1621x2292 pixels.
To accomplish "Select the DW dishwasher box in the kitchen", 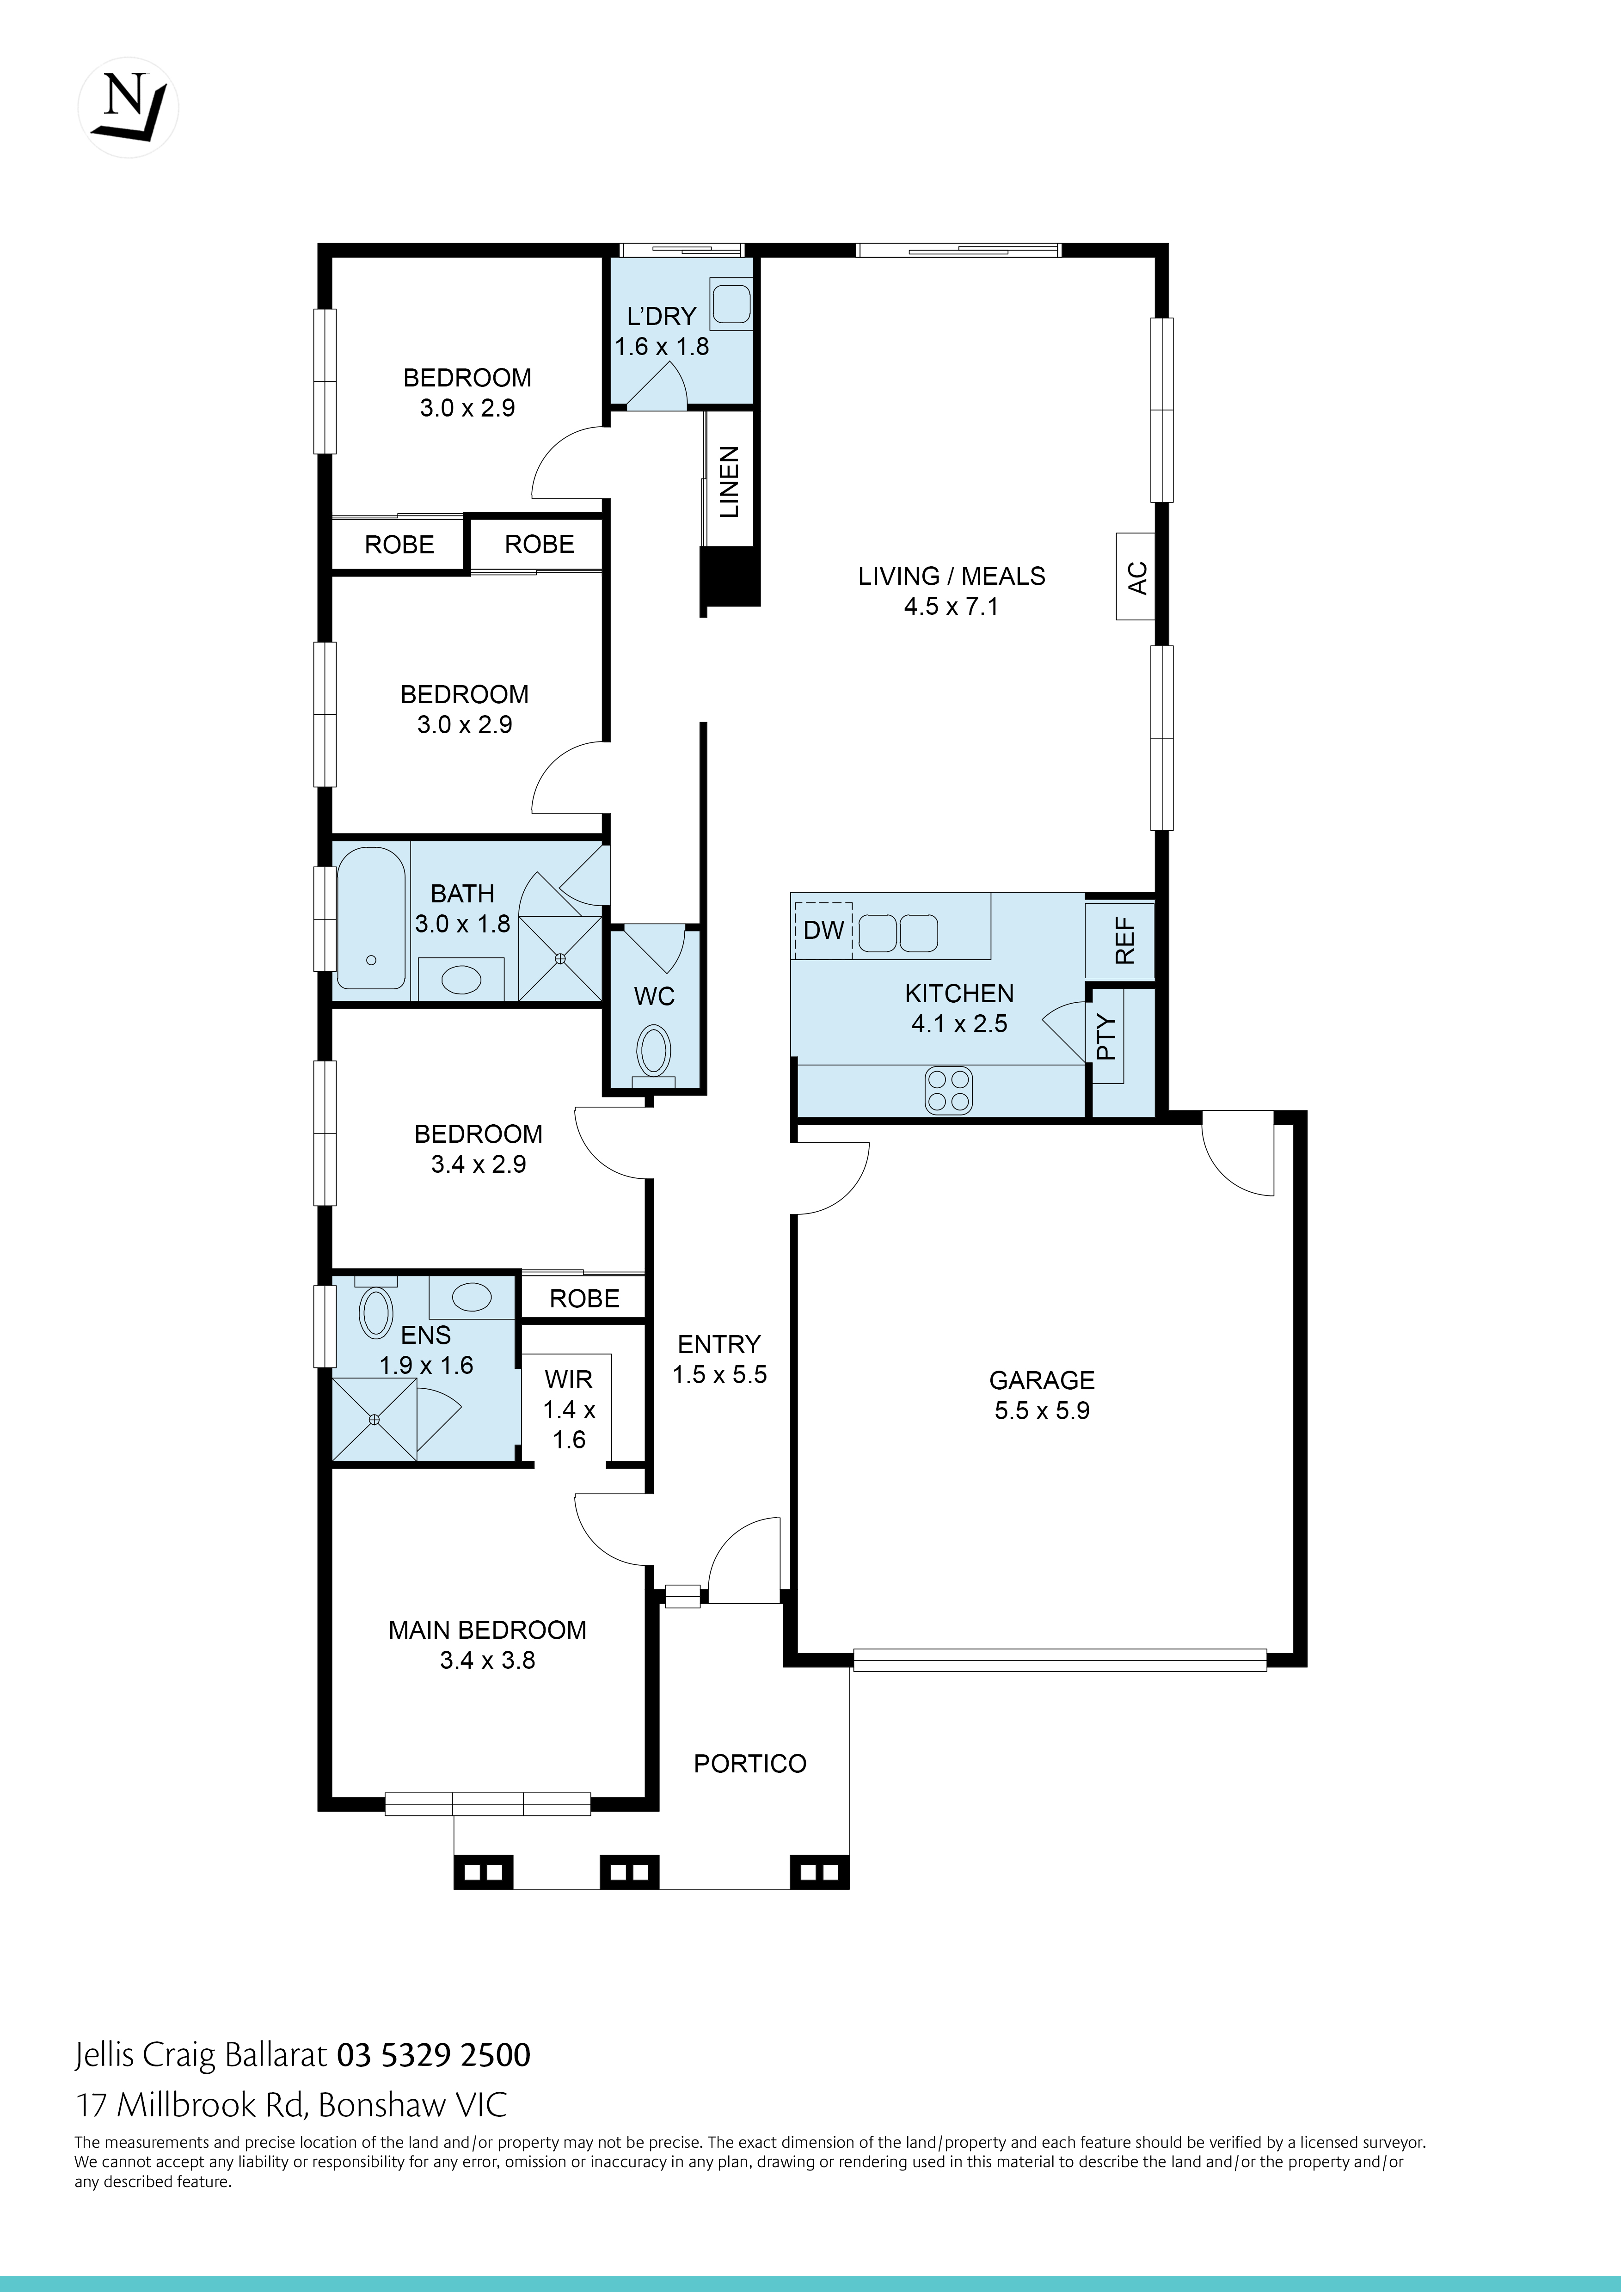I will (x=823, y=931).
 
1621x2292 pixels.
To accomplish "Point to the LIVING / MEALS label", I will (x=951, y=576).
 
